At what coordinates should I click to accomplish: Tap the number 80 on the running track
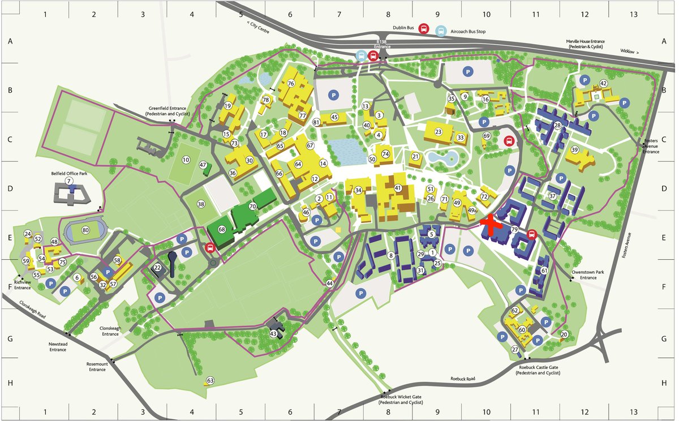tap(85, 230)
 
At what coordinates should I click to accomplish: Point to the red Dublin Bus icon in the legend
tap(424, 30)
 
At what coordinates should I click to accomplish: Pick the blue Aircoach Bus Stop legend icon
tap(441, 30)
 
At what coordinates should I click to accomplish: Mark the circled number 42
tap(604, 84)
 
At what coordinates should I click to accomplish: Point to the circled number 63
tap(210, 380)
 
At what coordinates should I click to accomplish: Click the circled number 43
tap(274, 334)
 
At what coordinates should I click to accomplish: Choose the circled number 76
tap(291, 84)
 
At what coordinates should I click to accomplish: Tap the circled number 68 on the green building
tap(222, 230)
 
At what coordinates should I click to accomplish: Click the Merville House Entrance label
tap(592, 44)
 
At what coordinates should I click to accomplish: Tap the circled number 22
tap(158, 268)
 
